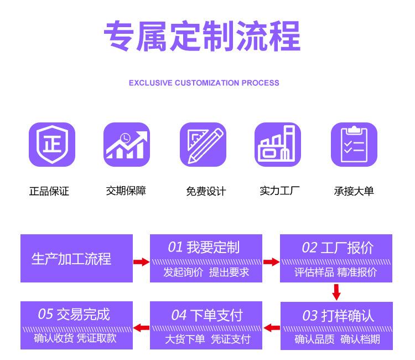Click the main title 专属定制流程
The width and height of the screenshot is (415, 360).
pos(202,36)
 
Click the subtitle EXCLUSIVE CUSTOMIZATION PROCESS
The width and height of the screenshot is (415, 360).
pos(204,83)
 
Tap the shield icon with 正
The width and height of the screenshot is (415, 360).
pos(51,145)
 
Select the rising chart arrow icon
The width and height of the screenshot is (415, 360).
pos(127,145)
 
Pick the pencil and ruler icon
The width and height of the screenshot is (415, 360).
pos(203,145)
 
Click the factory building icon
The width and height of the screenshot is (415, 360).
pos(278,145)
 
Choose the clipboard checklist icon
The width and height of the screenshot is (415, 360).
pos(354,145)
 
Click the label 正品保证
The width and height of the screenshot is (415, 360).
pos(49,192)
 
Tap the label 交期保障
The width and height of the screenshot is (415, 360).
pos(126,191)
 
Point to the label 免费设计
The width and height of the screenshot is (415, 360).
pos(206,192)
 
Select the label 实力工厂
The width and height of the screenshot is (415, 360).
pos(280,191)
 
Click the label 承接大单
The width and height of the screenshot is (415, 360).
pos(354,191)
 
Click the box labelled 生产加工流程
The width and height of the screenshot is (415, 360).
pos(76,259)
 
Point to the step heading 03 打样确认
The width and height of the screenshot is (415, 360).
pos(338,316)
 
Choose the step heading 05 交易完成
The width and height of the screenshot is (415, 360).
pos(74,315)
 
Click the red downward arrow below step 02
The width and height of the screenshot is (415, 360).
pos(336,292)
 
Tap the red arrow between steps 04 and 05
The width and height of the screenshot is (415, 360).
pos(142,328)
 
